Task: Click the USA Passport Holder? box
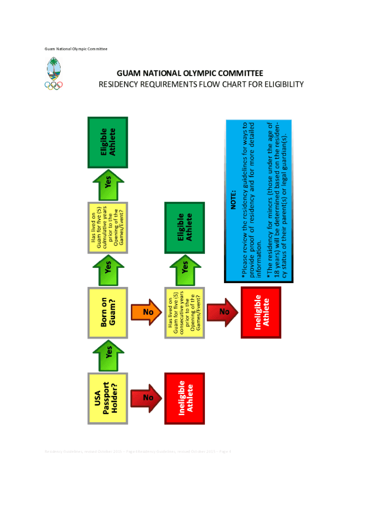pyautogui.click(x=108, y=399)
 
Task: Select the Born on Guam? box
pyautogui.click(x=108, y=312)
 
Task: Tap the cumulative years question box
pyautogui.click(x=108, y=226)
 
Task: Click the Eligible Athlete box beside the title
pyautogui.click(x=108, y=142)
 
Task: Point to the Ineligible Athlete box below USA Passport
pyautogui.click(x=185, y=399)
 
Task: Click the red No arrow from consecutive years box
pyautogui.click(x=224, y=312)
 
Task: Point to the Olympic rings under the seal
pyautogui.click(x=53, y=85)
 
